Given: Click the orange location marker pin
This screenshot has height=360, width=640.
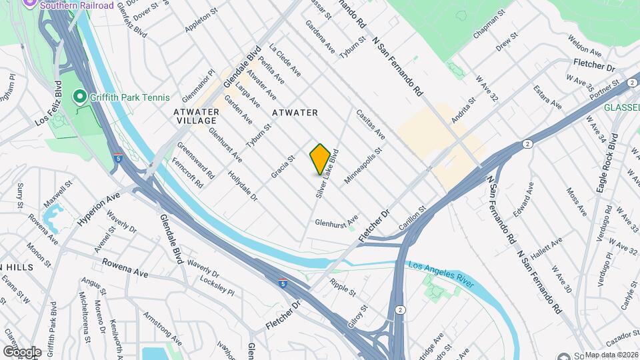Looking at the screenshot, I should tap(320, 159).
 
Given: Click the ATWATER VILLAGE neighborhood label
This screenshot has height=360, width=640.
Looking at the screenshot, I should tap(195, 116).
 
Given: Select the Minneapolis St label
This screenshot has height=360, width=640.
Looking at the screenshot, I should tap(363, 167).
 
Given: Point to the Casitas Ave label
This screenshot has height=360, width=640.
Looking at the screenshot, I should tap(371, 125).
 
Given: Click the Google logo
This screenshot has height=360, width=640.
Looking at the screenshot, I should tap(22, 351).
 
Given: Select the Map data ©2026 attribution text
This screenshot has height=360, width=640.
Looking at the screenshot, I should tap(611, 355).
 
